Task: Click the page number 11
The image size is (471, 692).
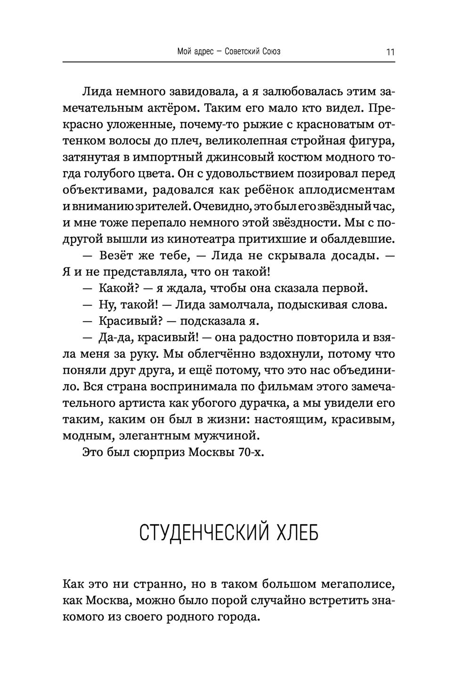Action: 390,52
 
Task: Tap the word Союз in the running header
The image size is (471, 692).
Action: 269,51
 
